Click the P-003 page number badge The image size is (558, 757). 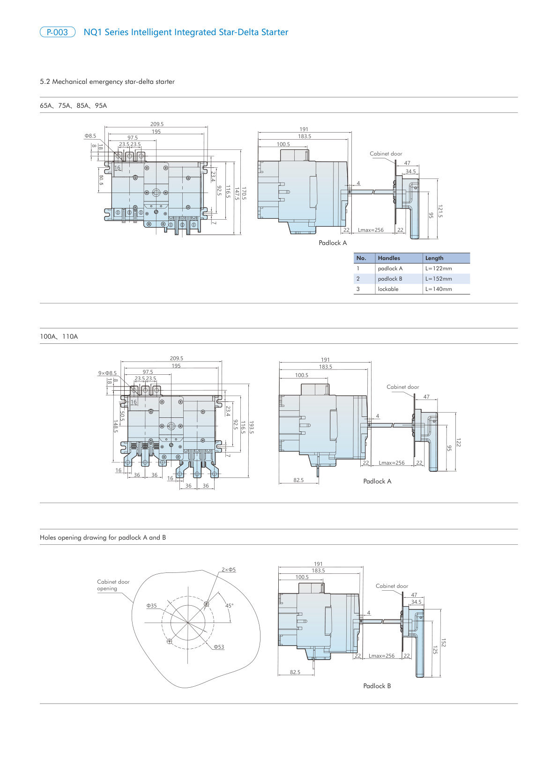click(x=57, y=32)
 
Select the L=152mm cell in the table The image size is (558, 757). click(x=439, y=279)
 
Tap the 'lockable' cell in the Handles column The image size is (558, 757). click(x=388, y=289)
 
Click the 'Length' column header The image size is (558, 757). click(x=434, y=258)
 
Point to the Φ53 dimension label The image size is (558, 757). click(x=219, y=647)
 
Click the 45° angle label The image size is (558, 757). click(x=229, y=606)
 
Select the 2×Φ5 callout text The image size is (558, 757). click(x=229, y=570)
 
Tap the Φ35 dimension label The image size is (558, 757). click(x=151, y=606)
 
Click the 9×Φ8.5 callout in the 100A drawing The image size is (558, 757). click(x=107, y=373)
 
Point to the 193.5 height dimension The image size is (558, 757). click(x=252, y=427)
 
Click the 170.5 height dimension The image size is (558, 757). click(x=244, y=193)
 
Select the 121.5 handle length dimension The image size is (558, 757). click(x=440, y=211)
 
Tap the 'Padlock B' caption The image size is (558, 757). click(x=377, y=686)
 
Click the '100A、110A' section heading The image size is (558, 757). click(x=59, y=336)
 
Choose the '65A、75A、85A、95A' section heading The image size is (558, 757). click(x=74, y=106)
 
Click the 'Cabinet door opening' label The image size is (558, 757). click(x=113, y=585)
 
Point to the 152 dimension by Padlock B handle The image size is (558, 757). click(x=443, y=643)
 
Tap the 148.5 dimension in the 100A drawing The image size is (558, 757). click(x=115, y=426)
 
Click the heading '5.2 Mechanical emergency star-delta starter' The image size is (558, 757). click(x=107, y=82)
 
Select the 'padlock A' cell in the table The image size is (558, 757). click(x=390, y=268)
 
